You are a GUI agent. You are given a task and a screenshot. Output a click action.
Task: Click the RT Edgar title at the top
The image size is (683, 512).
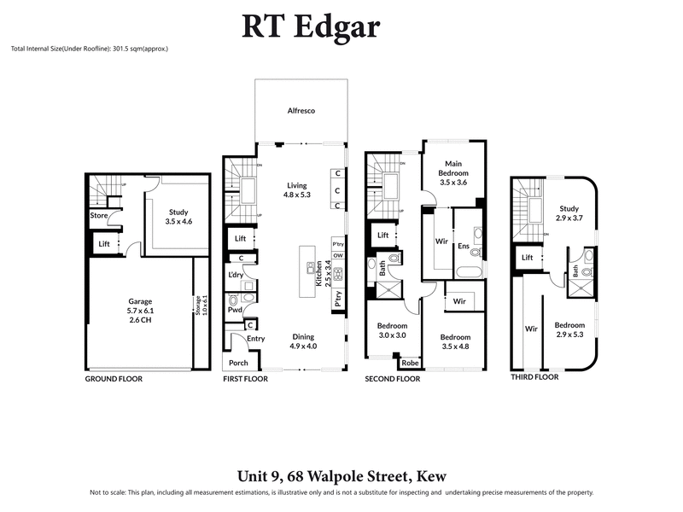pos(312,26)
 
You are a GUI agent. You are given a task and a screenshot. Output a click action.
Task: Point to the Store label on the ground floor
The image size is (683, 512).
pos(98,215)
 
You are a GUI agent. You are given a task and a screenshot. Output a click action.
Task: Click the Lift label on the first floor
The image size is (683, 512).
pos(240,239)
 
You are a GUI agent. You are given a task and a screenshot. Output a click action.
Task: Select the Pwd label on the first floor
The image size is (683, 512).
pos(233,300)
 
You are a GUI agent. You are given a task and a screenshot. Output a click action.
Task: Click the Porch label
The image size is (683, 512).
pos(239,363)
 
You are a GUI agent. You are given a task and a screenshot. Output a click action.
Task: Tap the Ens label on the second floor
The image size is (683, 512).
pos(463,247)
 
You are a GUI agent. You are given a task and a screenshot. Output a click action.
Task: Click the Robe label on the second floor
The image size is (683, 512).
pos(410,362)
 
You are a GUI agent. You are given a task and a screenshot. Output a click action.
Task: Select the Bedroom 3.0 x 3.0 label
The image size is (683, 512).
pos(393,330)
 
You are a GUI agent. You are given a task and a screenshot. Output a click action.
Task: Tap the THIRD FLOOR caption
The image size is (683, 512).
pos(534,376)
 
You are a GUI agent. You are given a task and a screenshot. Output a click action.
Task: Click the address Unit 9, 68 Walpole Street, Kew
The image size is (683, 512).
pos(341,476)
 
